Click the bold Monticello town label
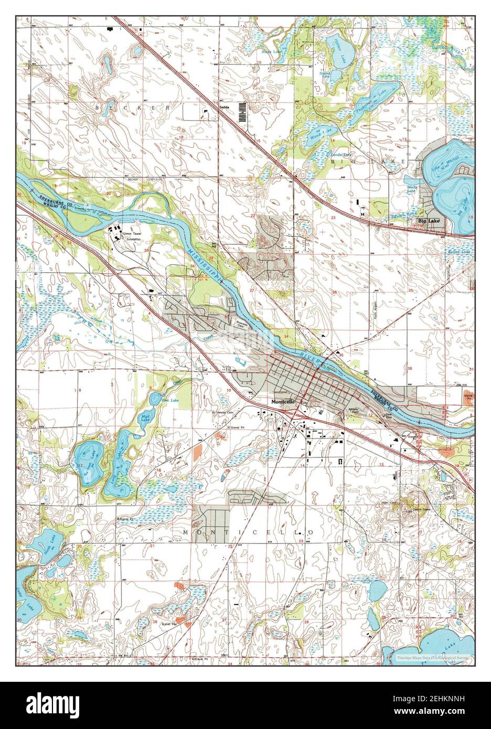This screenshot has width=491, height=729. [x=284, y=402]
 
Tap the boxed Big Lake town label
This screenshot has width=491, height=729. [x=430, y=222]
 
